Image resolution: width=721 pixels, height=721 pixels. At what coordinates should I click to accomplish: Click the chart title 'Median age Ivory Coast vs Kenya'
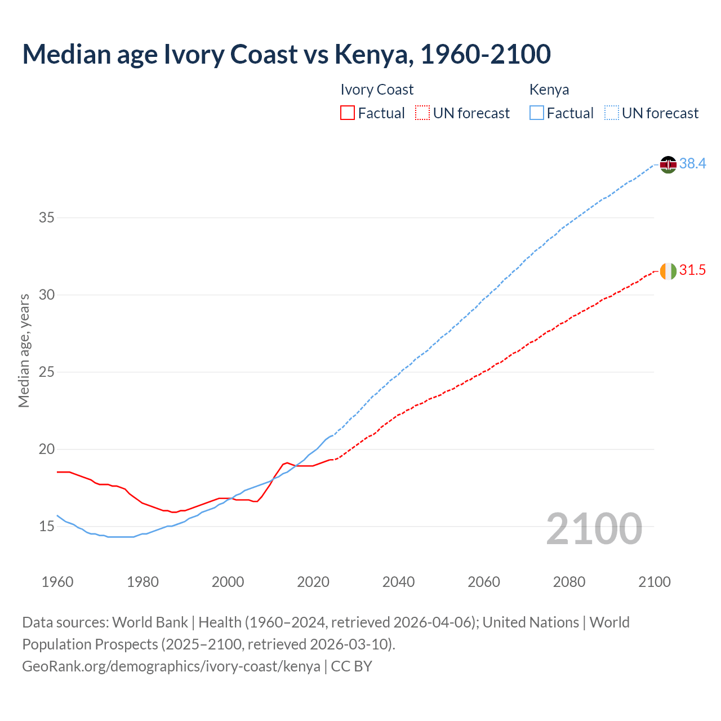pos(286,54)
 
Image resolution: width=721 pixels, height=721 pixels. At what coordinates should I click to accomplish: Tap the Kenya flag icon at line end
pos(668,164)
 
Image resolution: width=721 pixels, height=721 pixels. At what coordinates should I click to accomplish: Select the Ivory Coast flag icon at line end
pos(668,271)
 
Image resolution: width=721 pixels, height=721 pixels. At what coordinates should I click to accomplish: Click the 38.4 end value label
pos(692,163)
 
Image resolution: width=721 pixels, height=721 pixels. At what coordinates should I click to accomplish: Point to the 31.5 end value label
pos(692,270)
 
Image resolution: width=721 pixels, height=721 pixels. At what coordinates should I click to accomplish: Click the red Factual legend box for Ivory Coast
pos(348,113)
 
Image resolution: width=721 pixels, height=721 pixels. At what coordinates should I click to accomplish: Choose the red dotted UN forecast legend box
pos(422,113)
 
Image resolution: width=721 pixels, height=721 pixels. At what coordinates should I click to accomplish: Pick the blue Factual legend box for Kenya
pos(537,113)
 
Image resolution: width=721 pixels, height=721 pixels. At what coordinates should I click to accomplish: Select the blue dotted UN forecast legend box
pos(612,113)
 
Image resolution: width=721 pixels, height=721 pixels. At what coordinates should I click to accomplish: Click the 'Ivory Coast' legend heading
pos(377,90)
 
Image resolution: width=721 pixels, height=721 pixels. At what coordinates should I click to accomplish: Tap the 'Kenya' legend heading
pos(549,90)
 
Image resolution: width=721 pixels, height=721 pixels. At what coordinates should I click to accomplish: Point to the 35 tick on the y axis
pos(46,217)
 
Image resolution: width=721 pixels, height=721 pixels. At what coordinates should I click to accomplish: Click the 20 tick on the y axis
pos(46,449)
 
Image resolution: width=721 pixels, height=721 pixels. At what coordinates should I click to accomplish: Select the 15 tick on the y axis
pos(46,527)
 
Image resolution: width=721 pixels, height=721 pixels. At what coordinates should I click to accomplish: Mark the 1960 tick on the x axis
pos(57,582)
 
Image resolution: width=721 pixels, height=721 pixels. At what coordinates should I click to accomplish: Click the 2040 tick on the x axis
pos(398,582)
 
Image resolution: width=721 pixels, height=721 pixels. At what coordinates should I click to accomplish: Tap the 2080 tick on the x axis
pos(569,582)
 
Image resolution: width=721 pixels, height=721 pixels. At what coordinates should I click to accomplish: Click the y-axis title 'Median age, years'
pos(24,350)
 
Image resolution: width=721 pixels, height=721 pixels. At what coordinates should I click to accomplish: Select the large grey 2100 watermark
pos(594,529)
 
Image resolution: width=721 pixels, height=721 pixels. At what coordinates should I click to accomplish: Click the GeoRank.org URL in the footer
pos(171,666)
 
